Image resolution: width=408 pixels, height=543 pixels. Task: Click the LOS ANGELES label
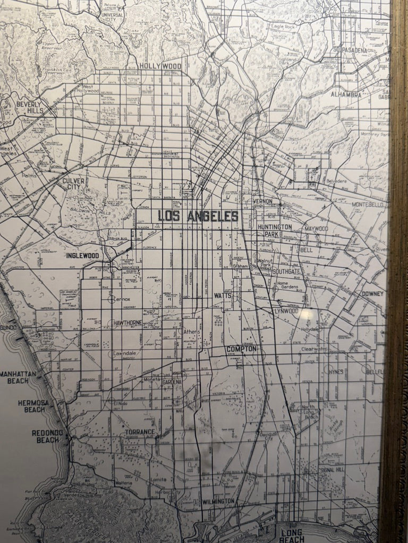[198, 216]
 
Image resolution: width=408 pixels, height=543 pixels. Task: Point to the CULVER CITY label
[74, 184]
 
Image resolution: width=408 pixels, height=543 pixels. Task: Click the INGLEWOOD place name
[82, 256]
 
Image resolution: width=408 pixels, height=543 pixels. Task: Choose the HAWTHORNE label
[126, 322]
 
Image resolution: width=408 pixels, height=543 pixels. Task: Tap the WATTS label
[222, 295]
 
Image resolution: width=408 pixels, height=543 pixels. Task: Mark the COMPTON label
[241, 349]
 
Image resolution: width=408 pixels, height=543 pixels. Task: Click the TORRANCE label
[140, 432]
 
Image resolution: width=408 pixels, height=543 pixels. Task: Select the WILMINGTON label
[218, 501]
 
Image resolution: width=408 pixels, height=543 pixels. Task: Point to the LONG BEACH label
[292, 536]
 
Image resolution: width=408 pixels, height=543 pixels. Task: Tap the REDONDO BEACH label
[47, 436]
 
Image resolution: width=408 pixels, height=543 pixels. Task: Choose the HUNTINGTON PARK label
[274, 230]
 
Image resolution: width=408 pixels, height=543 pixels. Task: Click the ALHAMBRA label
[346, 95]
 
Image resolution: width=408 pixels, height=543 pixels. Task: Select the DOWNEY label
[372, 293]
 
